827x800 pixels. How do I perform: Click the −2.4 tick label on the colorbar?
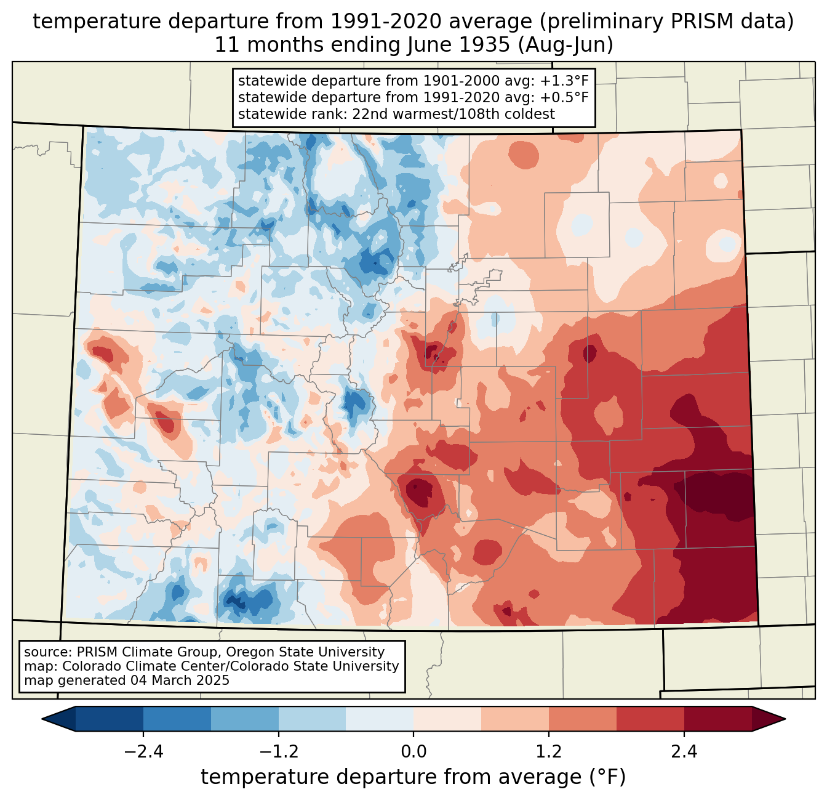(143, 752)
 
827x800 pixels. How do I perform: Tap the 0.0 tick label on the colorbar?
(413, 752)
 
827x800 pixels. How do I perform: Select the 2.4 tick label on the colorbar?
(684, 752)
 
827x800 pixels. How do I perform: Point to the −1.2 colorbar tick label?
(279, 752)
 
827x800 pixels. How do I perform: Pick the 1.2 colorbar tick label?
(549, 752)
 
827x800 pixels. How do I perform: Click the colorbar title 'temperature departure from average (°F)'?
(413, 777)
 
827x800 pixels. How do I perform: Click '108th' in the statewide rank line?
(469, 114)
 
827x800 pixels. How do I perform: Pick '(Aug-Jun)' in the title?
(565, 45)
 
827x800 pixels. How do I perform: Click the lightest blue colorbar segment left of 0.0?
(380, 719)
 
